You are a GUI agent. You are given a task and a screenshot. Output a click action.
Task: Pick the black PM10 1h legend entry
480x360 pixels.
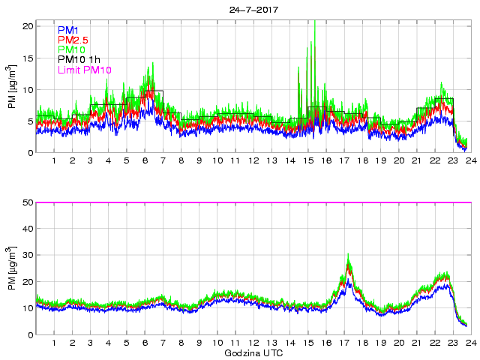click(x=78, y=60)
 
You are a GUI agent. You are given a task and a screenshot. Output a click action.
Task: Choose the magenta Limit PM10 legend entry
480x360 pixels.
click(x=84, y=70)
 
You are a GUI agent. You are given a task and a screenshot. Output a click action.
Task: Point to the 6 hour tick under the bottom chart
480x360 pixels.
click(x=145, y=343)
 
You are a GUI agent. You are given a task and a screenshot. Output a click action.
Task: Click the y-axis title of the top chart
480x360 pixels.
click(x=10, y=87)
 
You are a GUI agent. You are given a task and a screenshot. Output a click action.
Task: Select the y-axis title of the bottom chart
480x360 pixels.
click(x=10, y=268)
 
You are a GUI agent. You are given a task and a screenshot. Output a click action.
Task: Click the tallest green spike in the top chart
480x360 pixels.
click(x=315, y=22)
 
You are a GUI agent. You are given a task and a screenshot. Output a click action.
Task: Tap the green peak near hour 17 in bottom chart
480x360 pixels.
click(x=349, y=256)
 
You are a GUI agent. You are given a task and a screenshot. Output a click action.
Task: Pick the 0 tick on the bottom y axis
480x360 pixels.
click(x=29, y=335)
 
